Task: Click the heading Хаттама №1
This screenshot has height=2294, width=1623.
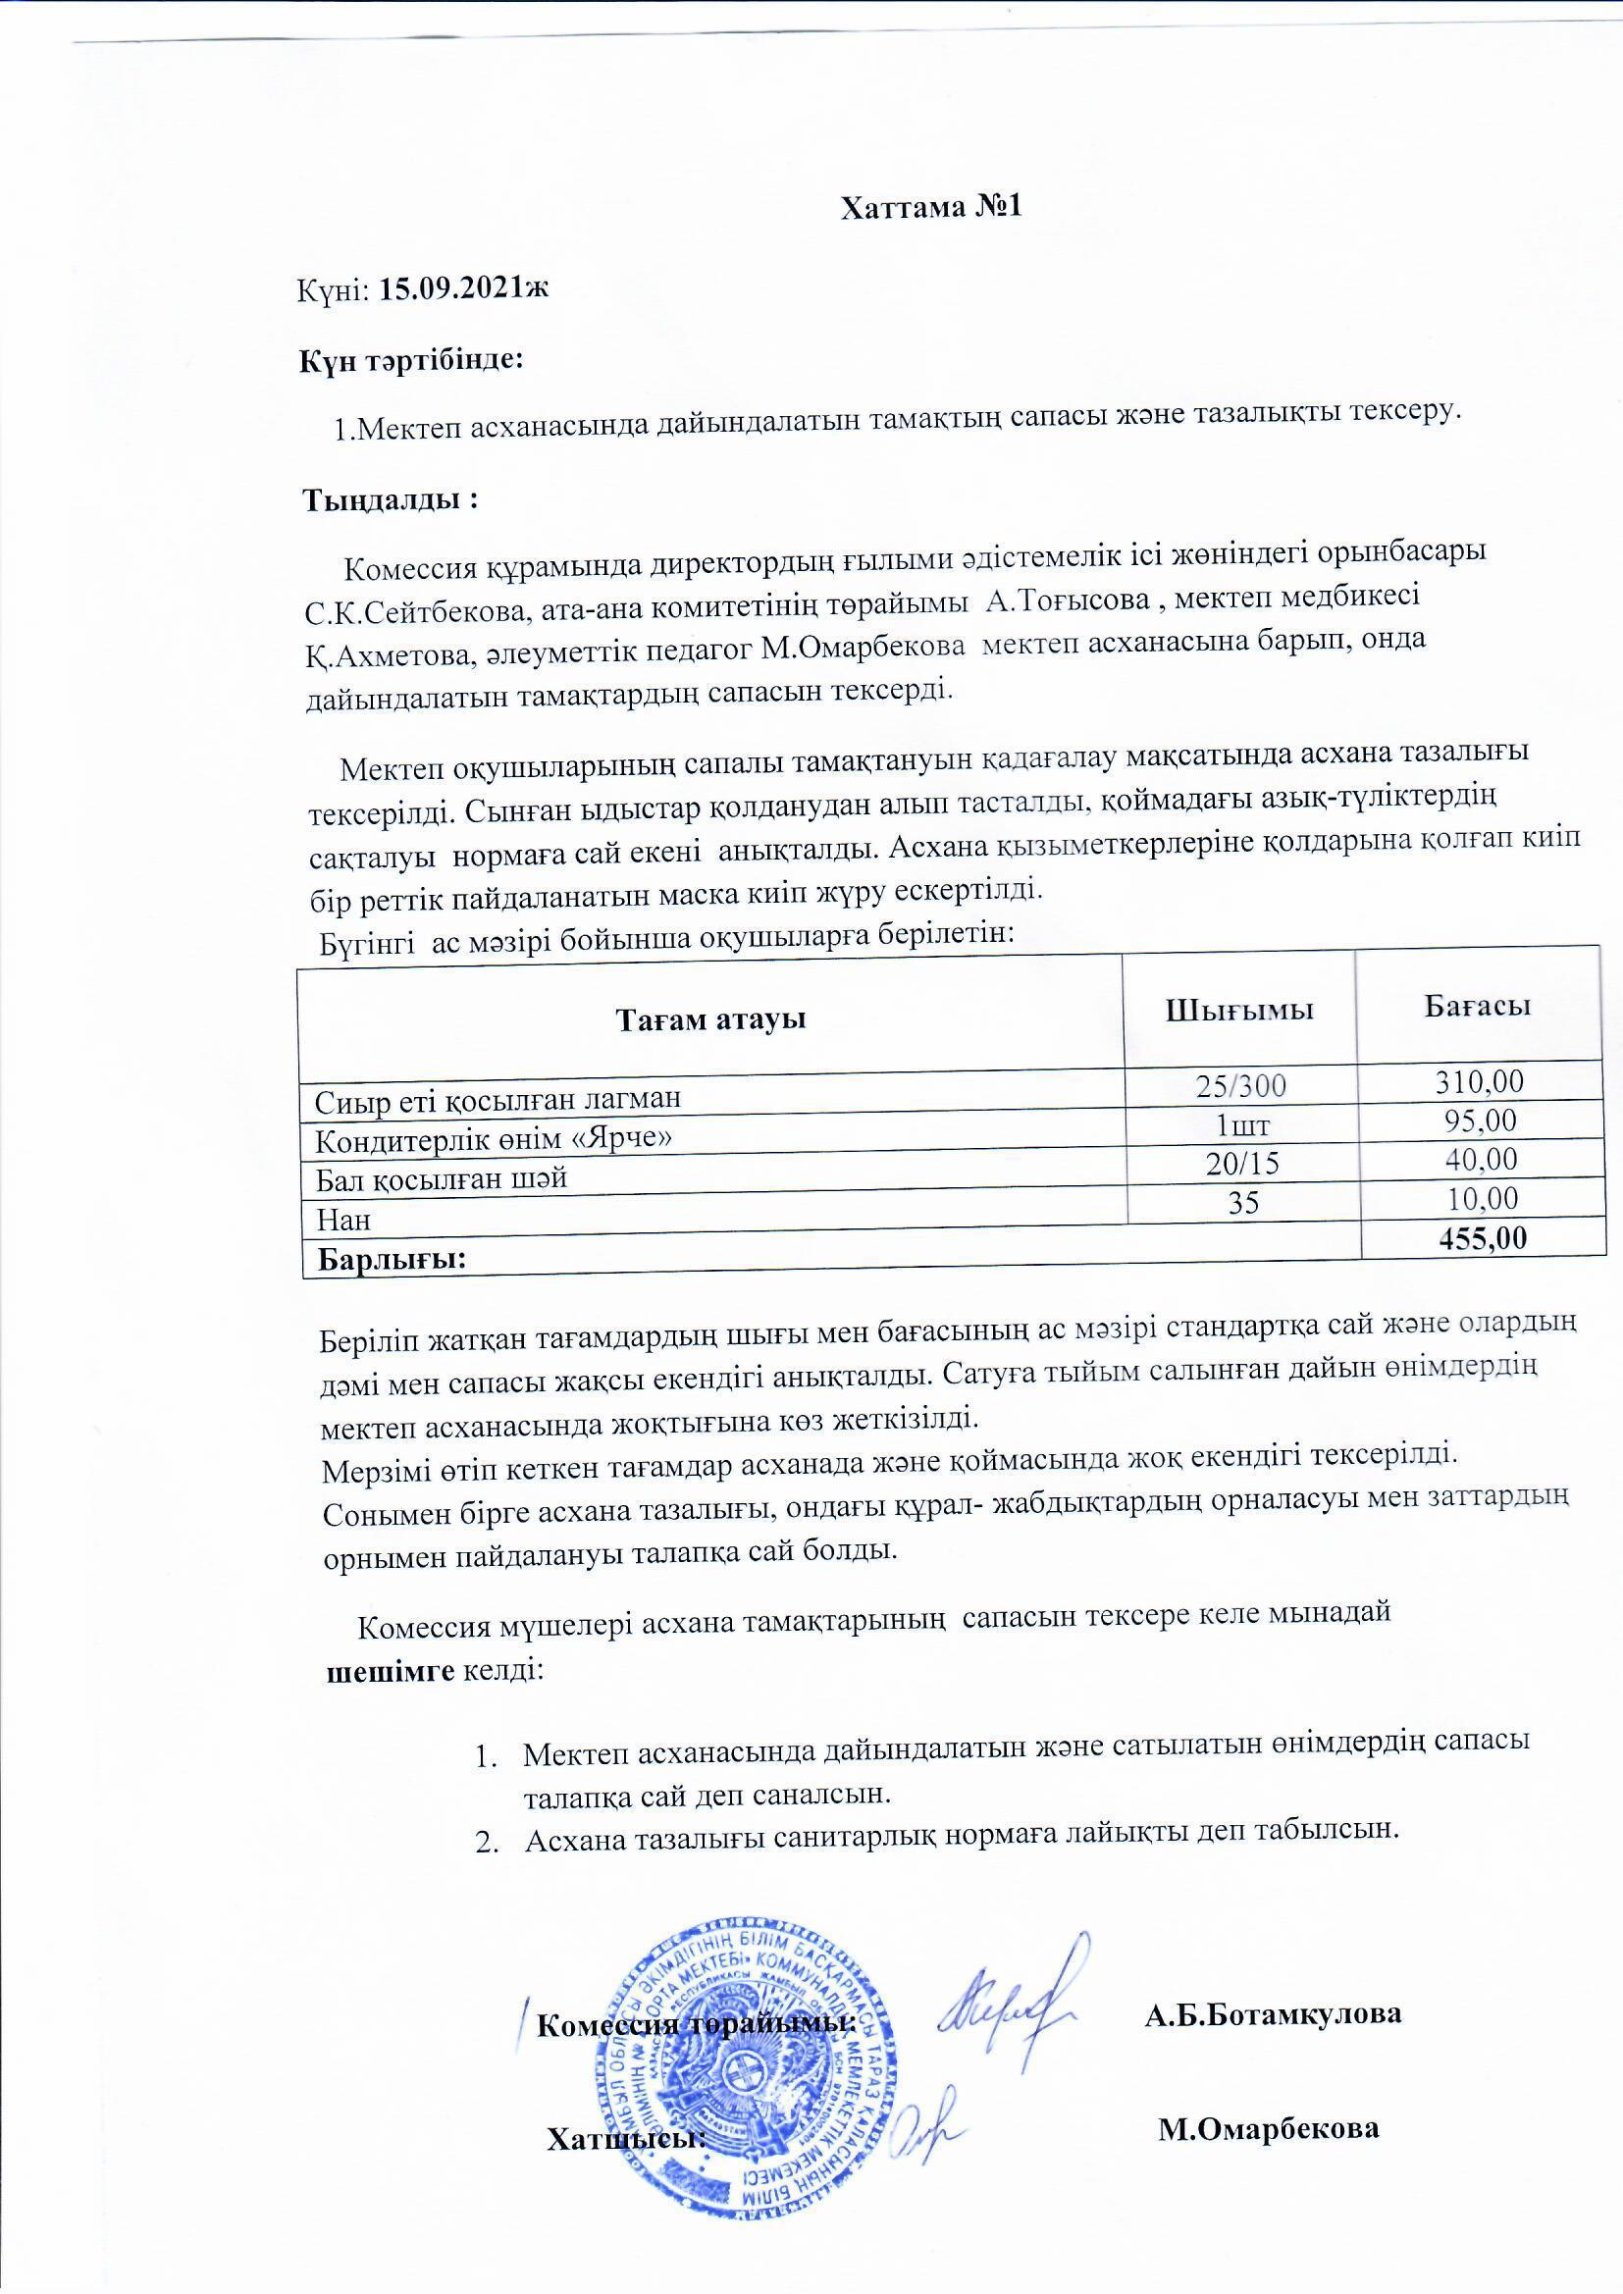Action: click(930, 207)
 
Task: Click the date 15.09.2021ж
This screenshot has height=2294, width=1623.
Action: click(466, 289)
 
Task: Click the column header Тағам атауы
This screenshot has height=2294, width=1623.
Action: click(710, 1020)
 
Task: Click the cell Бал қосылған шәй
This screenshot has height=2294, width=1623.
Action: click(442, 1179)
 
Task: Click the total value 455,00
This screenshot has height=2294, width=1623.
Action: click(1482, 1238)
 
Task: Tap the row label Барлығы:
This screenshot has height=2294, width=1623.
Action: click(393, 1259)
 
